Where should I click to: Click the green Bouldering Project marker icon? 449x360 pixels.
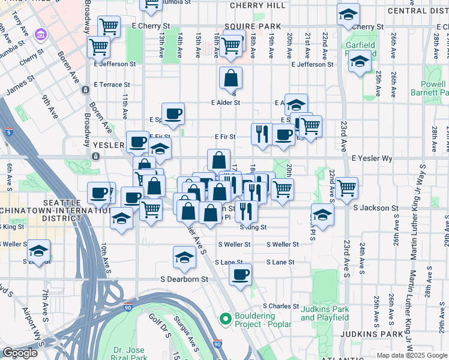tap(226, 318)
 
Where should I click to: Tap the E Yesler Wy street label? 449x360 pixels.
tap(372, 158)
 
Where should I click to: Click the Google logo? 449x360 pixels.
tap(20, 353)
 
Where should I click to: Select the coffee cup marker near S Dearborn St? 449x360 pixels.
tap(240, 275)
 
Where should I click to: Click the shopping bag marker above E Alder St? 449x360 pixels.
tap(231, 79)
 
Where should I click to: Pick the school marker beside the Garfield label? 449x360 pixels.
tap(360, 63)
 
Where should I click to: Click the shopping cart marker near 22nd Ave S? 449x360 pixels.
tap(347, 187)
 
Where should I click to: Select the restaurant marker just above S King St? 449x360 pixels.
tap(246, 211)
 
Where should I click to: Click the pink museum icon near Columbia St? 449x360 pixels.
tap(40, 34)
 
